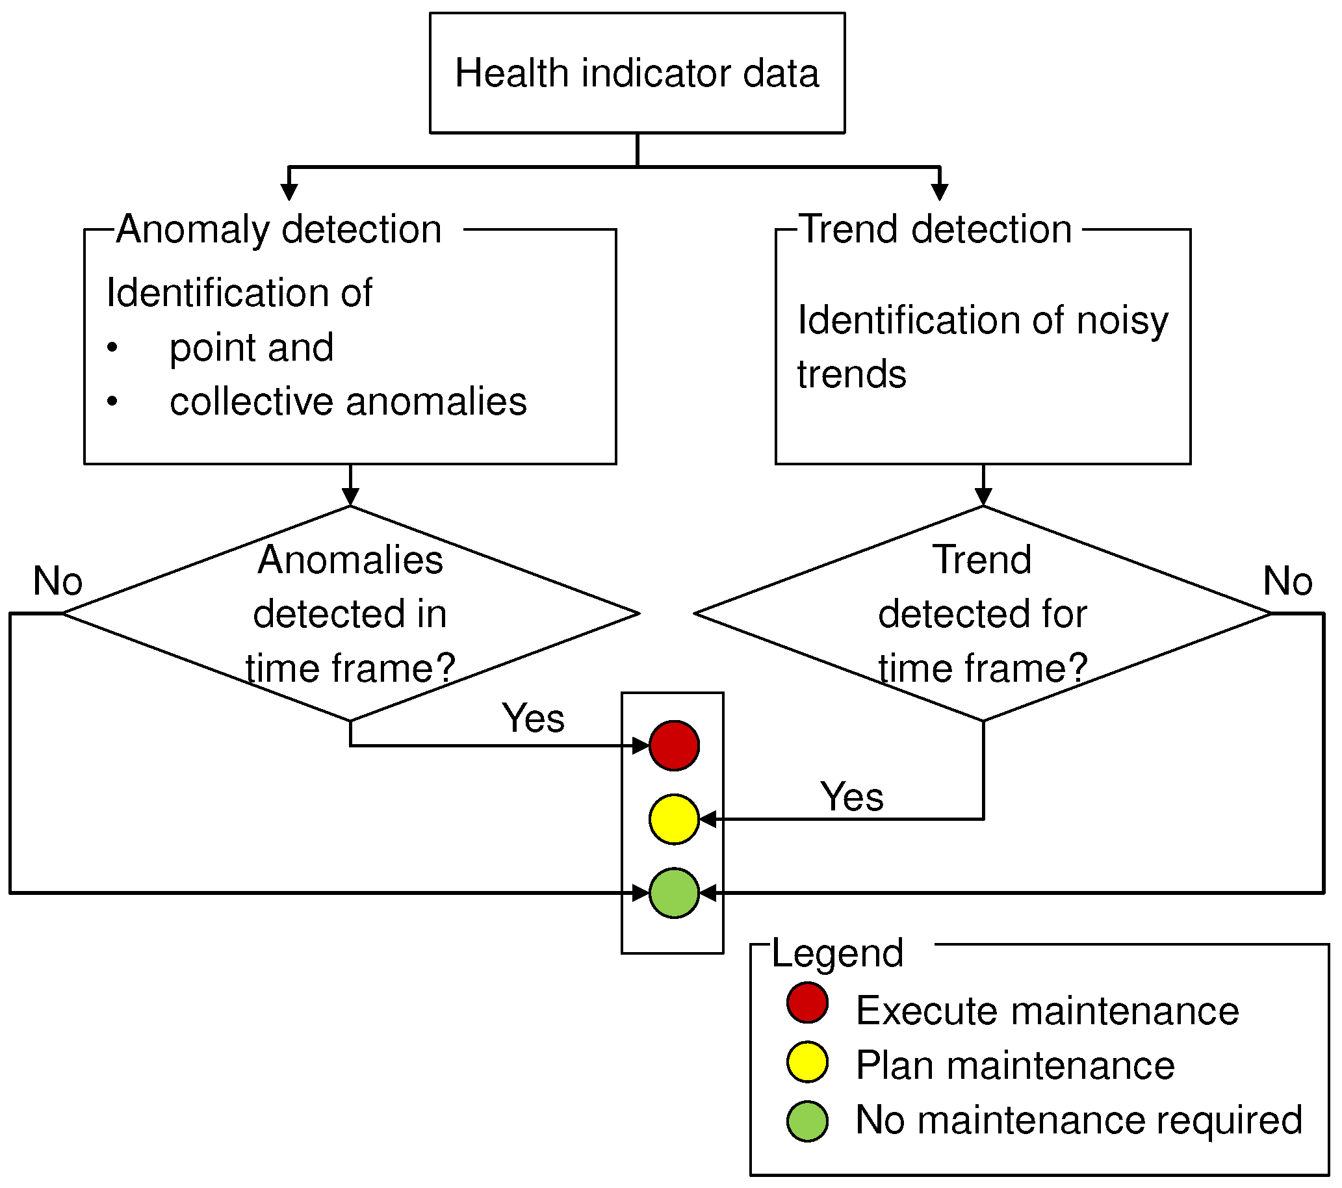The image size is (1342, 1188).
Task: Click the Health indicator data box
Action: coord(637,73)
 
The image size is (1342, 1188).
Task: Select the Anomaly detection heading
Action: coord(279,229)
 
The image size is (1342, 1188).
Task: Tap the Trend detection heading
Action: coord(936,229)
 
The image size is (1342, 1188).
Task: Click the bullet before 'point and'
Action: coord(112,348)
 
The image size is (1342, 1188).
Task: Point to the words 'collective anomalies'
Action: coord(348,401)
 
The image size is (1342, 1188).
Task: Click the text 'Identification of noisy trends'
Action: coord(982,347)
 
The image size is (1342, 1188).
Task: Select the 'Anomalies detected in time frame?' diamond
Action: coord(350,613)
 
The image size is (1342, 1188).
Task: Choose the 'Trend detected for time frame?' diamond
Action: coord(982,613)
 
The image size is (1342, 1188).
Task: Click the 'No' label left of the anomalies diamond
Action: coord(58,580)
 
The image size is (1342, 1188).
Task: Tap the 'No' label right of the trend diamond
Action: coord(1287,580)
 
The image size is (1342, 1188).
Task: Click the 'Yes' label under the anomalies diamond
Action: coord(532,717)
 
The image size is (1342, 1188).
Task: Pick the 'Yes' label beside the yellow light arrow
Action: coord(851,797)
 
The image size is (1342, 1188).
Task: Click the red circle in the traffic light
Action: coord(674,745)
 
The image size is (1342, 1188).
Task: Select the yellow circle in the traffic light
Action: coord(674,819)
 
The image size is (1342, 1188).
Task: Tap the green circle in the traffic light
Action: coord(674,892)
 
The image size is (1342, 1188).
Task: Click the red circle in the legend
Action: coord(807,1003)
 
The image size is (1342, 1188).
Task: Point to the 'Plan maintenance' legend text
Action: coord(1014,1065)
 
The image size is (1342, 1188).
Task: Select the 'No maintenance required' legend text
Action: coord(1079,1119)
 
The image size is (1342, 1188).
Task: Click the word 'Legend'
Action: coord(837,953)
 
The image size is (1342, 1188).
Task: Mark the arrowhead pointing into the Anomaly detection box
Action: coord(289,192)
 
